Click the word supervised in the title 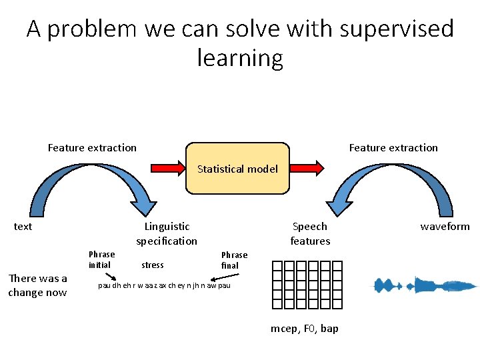click(x=396, y=29)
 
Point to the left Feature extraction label click(x=92, y=148)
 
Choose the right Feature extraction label click(x=393, y=148)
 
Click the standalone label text click(x=23, y=227)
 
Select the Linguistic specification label click(x=167, y=233)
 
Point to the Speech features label click(x=310, y=233)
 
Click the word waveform click(x=445, y=227)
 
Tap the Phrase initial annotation click(x=101, y=259)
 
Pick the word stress click(x=153, y=265)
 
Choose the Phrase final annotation click(x=234, y=260)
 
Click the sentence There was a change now click(x=37, y=285)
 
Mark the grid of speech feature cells click(x=307, y=285)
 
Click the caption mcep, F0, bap click(x=304, y=329)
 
